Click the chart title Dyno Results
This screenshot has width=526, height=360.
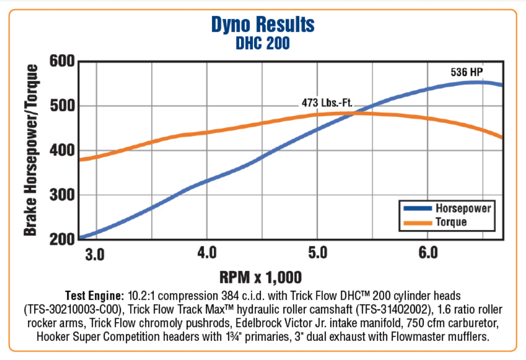pos(263,24)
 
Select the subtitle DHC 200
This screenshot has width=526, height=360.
pos(263,43)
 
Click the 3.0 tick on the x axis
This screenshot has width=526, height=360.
pos(95,254)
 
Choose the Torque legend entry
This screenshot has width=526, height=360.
pos(451,222)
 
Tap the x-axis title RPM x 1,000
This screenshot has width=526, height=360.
pos(261,277)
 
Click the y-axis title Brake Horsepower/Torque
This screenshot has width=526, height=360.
pos(31,150)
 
